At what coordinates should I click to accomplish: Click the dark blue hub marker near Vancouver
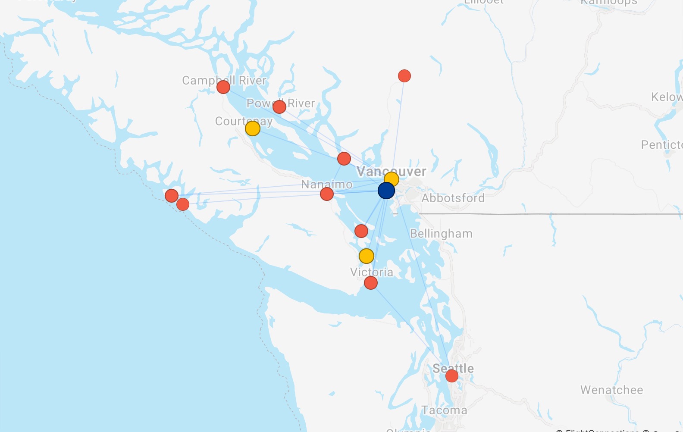coord(386,191)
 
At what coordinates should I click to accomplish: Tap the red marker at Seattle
coord(451,376)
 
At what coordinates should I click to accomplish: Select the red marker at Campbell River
coord(223,87)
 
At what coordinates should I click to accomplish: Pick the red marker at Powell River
coord(279,106)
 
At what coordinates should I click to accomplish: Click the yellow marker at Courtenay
coord(252,128)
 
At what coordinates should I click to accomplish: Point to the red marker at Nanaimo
coord(327,194)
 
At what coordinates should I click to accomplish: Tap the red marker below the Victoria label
coord(371,283)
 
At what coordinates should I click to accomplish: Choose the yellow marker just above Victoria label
coord(366,256)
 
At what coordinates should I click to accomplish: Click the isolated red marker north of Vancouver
coord(404,76)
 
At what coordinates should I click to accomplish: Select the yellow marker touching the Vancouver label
coord(392,178)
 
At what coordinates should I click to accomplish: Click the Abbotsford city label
coord(453,198)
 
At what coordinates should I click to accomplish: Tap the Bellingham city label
coord(441,234)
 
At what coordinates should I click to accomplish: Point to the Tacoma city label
coord(444,410)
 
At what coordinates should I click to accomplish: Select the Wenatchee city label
coord(611,390)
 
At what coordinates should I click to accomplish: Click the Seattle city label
coord(453,368)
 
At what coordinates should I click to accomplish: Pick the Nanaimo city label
coord(326,185)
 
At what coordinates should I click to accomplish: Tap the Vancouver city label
coord(391,171)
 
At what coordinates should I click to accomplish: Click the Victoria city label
coord(371,272)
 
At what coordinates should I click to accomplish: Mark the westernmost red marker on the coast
coord(172,196)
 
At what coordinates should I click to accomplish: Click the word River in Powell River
coord(301,103)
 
